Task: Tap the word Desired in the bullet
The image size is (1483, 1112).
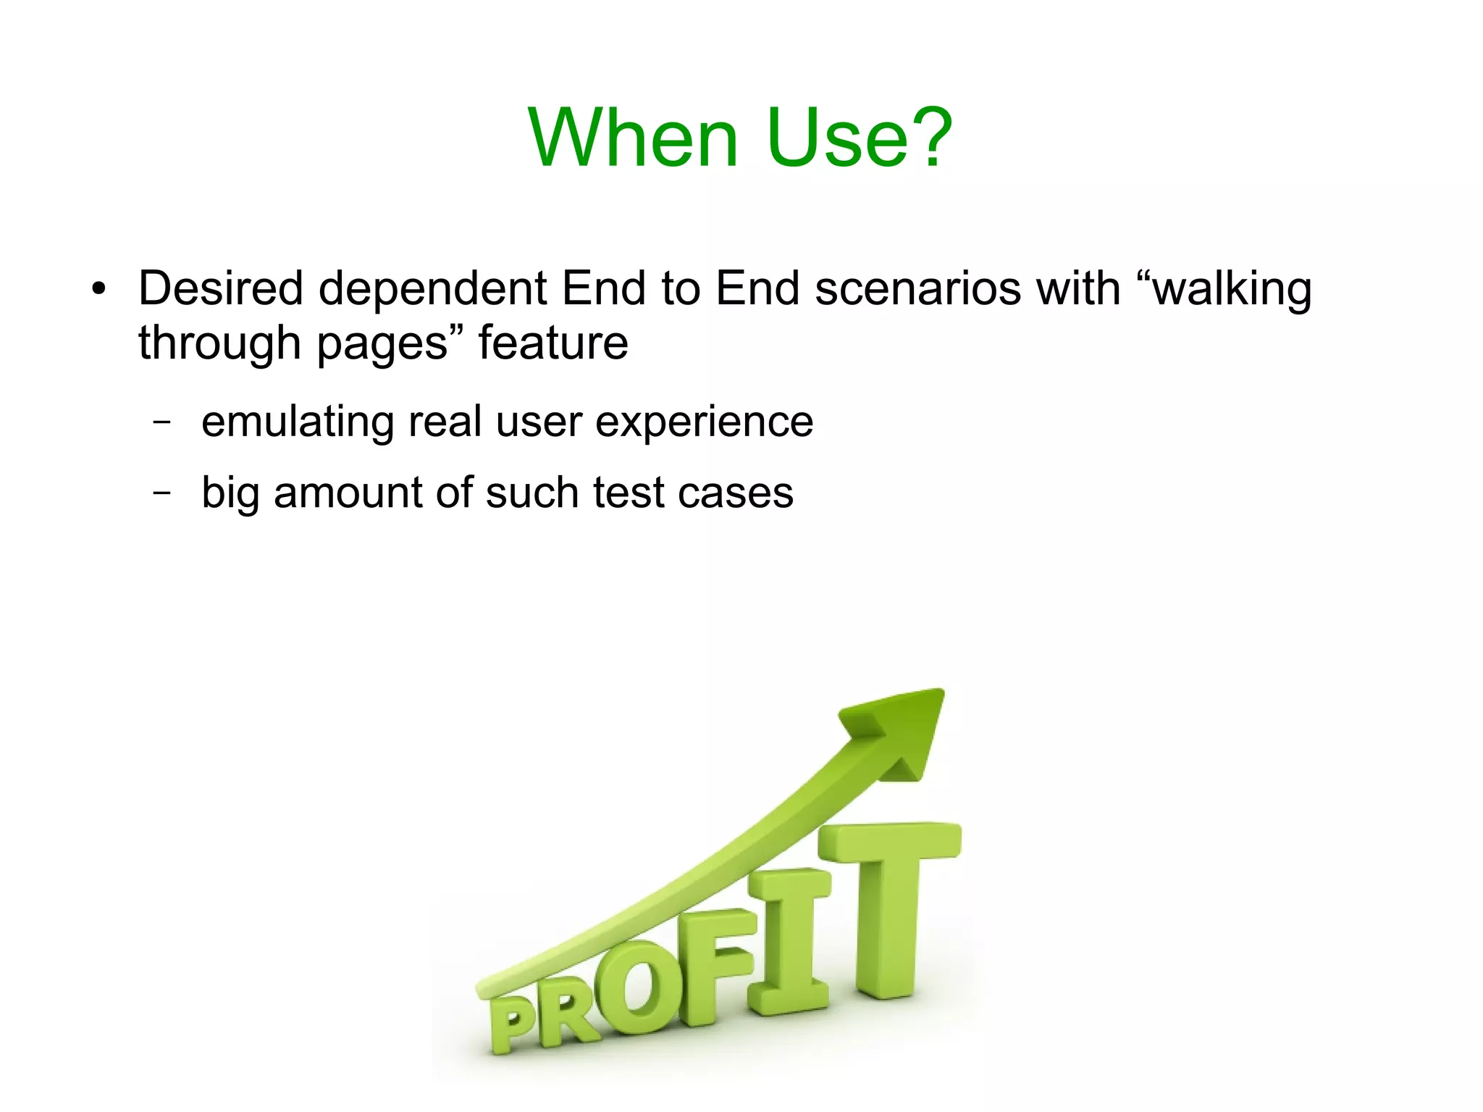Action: tap(220, 288)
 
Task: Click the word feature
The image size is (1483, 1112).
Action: tap(553, 343)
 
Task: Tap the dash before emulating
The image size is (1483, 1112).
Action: tap(162, 421)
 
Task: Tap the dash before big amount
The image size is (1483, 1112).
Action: tap(162, 492)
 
